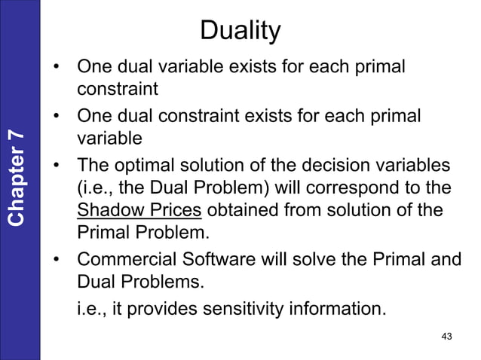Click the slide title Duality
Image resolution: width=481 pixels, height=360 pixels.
click(240, 32)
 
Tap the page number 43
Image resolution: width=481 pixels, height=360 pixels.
click(446, 336)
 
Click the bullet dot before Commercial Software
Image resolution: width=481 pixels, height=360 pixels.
click(57, 261)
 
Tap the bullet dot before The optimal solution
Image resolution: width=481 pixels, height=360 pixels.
click(57, 166)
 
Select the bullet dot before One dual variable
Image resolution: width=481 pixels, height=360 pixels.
click(57, 69)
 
